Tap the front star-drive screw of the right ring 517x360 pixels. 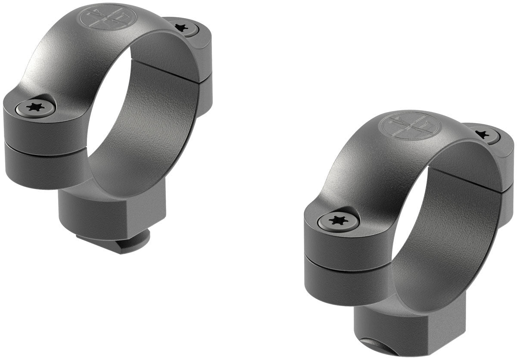point(338,221)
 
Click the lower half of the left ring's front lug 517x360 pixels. point(43,166)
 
